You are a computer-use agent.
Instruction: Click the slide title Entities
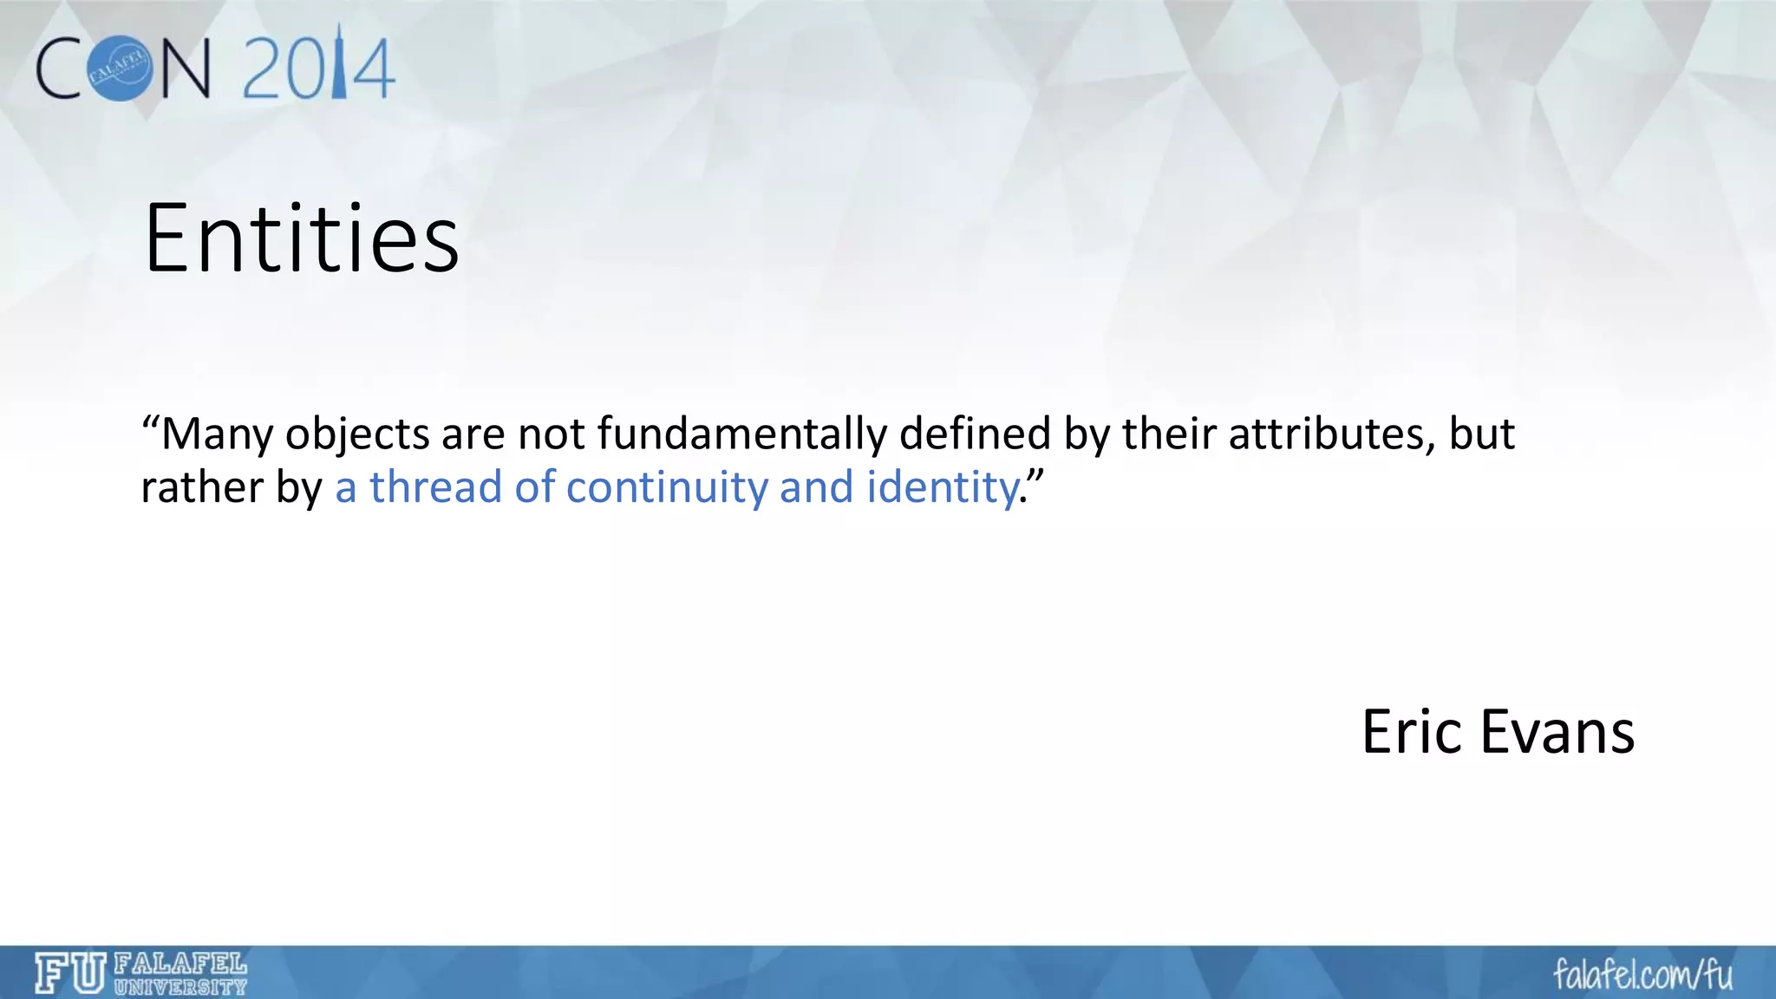301,238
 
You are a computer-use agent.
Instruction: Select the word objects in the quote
357,434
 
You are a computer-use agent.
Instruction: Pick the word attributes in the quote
1326,434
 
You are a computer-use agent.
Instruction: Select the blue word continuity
667,486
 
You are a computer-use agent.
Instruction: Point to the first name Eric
1413,732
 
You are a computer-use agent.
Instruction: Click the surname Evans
1557,732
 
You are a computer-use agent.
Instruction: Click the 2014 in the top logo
319,68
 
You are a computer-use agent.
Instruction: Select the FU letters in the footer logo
70,973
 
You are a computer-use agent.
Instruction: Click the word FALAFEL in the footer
180,963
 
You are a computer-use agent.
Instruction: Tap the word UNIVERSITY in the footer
180,987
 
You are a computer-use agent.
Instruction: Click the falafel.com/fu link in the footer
1642,975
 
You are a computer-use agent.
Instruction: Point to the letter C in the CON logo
61,68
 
